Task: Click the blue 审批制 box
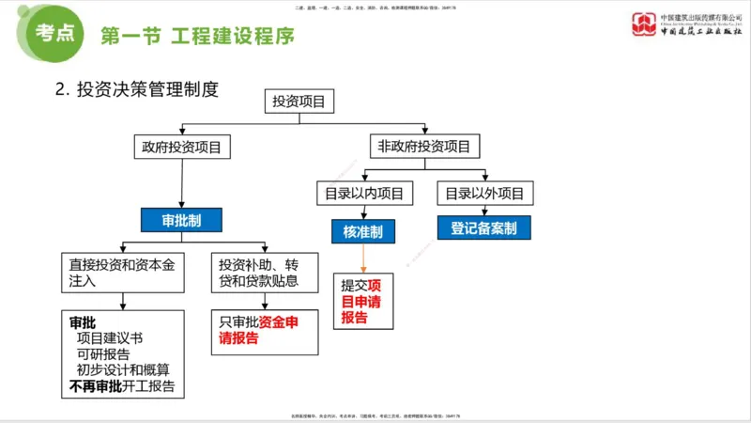181,220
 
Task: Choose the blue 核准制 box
363,231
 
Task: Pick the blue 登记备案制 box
483,227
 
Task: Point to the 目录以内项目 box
363,194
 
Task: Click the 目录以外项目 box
484,194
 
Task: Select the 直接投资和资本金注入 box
121,272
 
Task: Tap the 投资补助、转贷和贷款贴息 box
264,272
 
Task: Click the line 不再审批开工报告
121,386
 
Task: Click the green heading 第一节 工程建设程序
197,37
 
